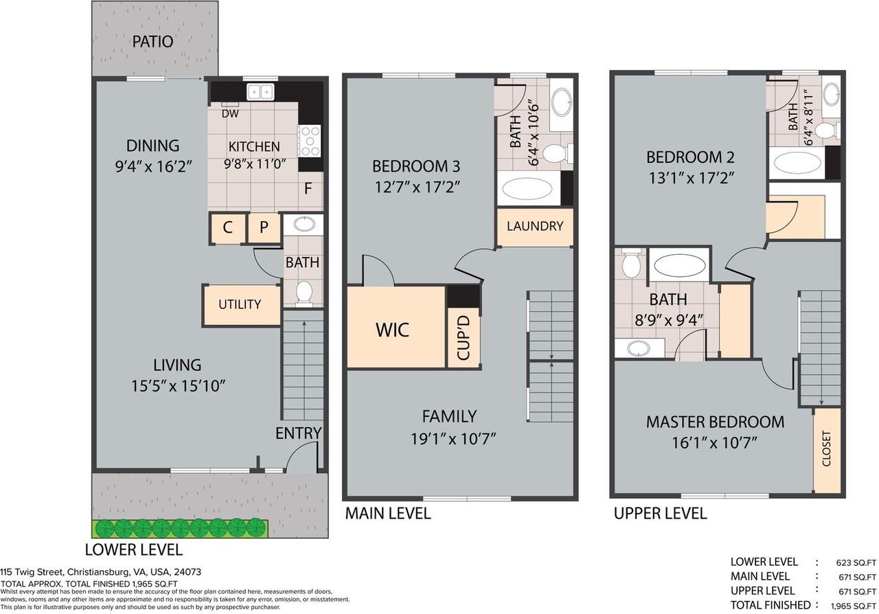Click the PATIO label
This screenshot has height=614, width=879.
pyautogui.click(x=152, y=42)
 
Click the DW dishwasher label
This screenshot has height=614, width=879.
pyautogui.click(x=231, y=114)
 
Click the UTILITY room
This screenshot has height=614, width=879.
pyautogui.click(x=240, y=304)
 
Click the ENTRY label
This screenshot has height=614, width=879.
pyautogui.click(x=298, y=433)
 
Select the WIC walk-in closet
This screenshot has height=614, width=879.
pyautogui.click(x=392, y=329)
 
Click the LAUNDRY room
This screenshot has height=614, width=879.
pyautogui.click(x=535, y=227)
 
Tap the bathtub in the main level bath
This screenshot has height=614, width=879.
pyautogui.click(x=529, y=190)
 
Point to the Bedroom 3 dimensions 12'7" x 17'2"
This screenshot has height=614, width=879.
pyautogui.click(x=415, y=186)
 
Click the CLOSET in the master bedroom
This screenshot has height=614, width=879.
pyautogui.click(x=826, y=449)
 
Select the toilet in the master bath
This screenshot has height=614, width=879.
pyautogui.click(x=630, y=264)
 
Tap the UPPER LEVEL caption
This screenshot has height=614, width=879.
pyautogui.click(x=660, y=513)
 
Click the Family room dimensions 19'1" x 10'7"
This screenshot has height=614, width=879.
pyautogui.click(x=449, y=437)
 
